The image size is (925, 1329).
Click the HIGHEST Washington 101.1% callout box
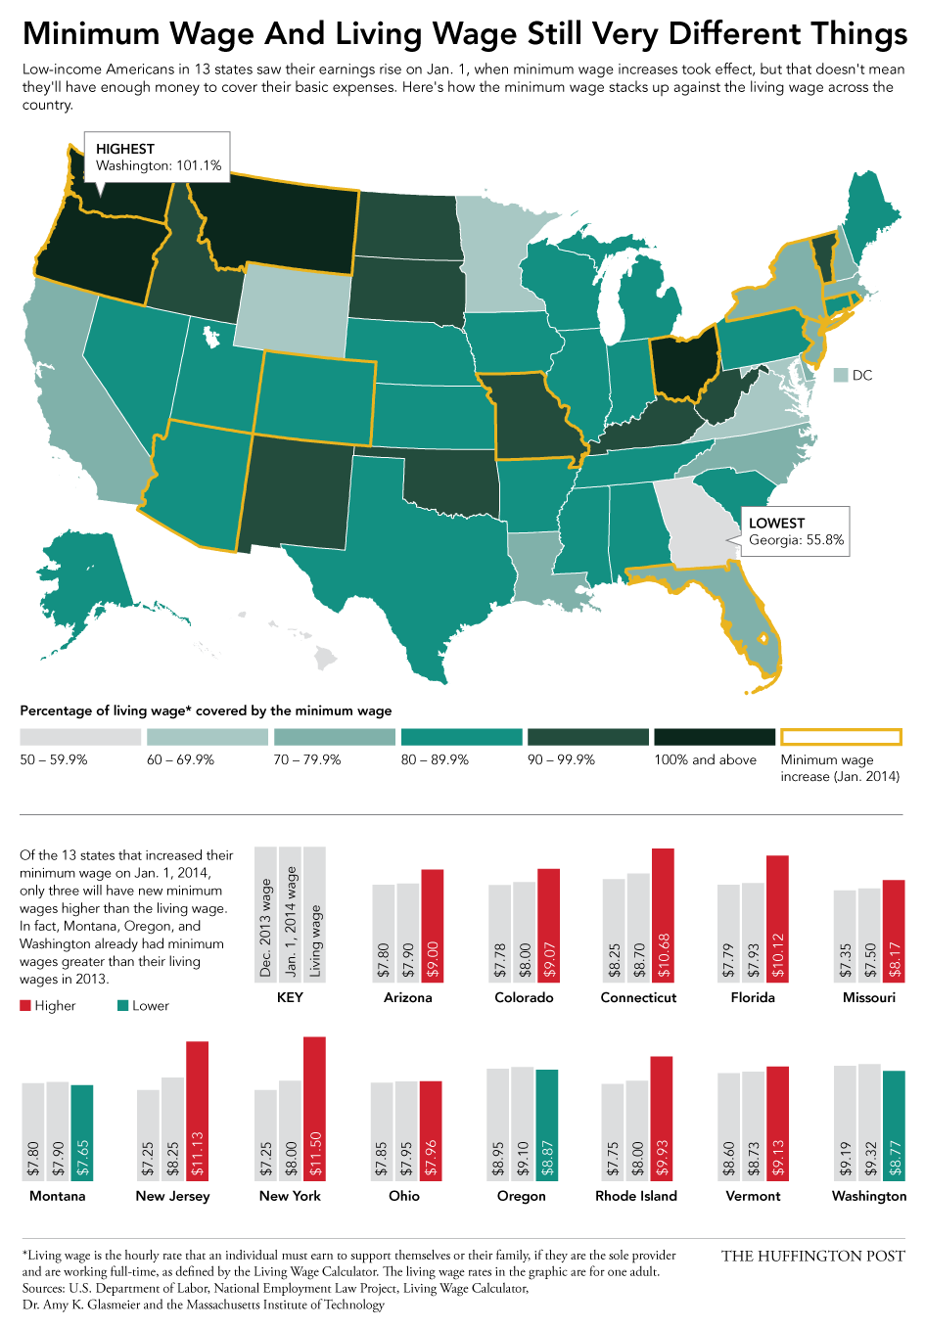click(x=158, y=157)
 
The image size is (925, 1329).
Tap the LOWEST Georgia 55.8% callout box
click(x=795, y=531)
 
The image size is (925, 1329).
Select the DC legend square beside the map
click(x=840, y=375)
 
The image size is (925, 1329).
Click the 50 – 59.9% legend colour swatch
click(x=80, y=737)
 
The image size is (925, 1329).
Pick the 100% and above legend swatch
click(x=715, y=737)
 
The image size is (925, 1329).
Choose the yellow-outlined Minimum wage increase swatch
click(x=841, y=737)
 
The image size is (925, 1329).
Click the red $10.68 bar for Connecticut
click(x=663, y=914)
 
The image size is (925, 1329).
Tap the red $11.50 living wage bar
click(x=314, y=1108)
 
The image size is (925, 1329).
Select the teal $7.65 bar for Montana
click(x=81, y=1131)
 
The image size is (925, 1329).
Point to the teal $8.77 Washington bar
click(x=894, y=1124)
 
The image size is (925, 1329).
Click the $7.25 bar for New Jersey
click(x=148, y=1134)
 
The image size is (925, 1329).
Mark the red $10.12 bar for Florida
click(x=777, y=918)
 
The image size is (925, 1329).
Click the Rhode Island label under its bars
click(x=636, y=1196)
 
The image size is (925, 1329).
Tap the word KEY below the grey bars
click(x=290, y=997)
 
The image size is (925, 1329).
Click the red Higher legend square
click(x=25, y=1006)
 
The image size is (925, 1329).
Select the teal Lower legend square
click(x=123, y=1006)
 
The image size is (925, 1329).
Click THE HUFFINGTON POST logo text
click(x=812, y=1256)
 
